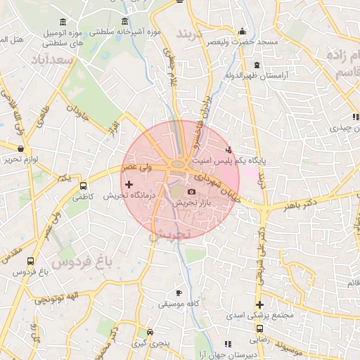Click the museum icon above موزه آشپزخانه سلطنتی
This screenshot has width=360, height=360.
125,20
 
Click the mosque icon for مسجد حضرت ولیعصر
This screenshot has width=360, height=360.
243,31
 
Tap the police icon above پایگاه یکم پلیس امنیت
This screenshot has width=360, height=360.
228,150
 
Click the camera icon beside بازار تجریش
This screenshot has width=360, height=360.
191,191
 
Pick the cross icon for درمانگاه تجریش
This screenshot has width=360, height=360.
128,184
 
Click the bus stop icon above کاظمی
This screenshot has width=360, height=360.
84,186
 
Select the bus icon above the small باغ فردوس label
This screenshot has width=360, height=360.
30,260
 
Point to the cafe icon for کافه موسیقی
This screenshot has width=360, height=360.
179,292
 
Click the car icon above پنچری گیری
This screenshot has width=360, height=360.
150,333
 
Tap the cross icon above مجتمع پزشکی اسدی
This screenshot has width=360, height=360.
259,305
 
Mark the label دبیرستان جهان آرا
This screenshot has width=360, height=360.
204,355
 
